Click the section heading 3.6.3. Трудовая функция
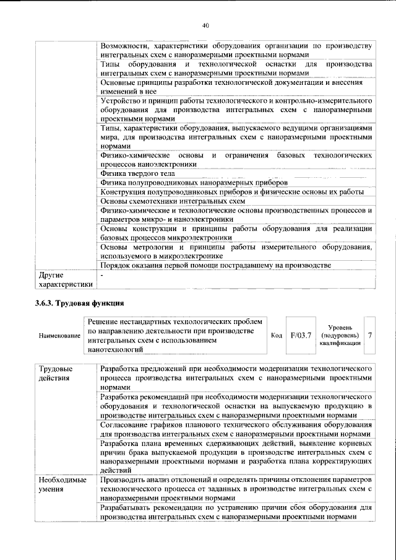point(81,303)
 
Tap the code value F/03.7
point(301,335)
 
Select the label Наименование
point(59,335)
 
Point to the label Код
point(277,335)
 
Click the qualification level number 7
point(370,335)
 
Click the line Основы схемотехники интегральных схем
point(173,201)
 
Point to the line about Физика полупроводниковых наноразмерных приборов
point(194,183)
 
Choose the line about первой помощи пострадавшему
point(216,266)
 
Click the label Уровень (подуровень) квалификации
point(340,335)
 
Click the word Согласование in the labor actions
point(126,427)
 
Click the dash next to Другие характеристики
point(103,274)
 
